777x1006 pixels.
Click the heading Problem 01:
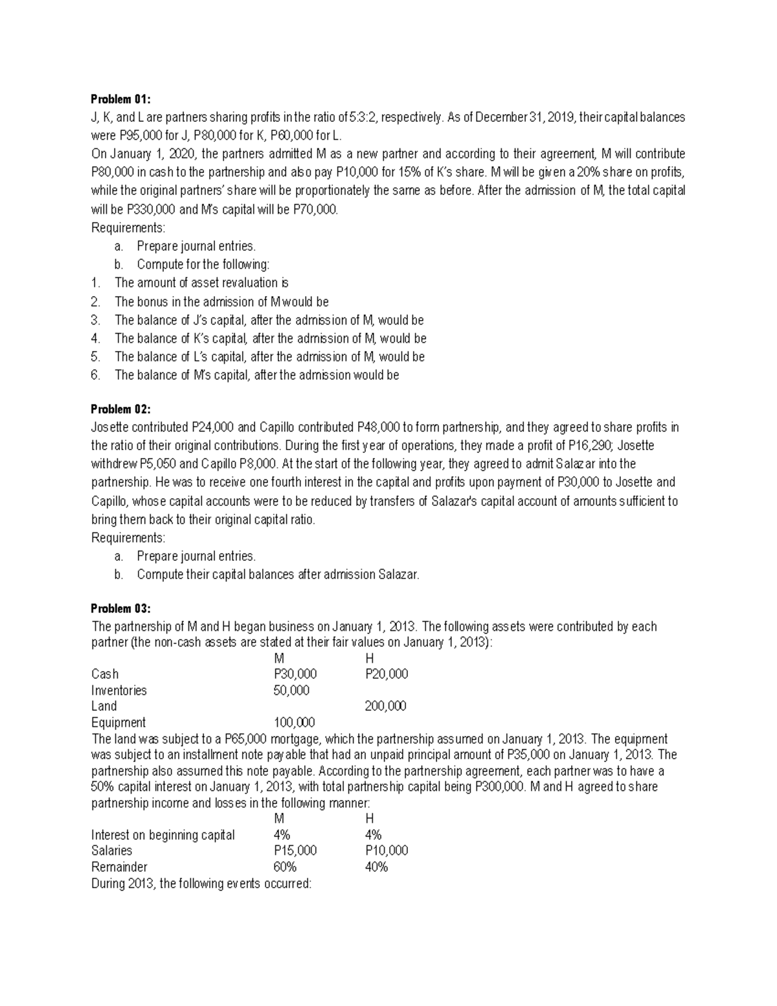click(120, 99)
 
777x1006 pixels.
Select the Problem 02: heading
click(120, 409)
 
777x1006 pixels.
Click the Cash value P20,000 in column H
click(387, 674)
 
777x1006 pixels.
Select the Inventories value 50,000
click(291, 690)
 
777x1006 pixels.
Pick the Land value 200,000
click(386, 706)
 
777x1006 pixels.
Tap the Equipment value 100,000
click(295, 722)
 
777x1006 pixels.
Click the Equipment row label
click(118, 722)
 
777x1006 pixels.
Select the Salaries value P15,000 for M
click(295, 851)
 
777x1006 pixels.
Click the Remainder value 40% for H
click(376, 867)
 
